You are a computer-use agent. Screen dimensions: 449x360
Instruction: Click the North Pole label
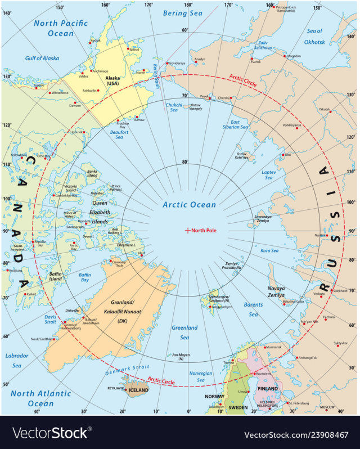click(204, 230)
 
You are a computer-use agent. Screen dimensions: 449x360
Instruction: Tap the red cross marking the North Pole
click(187, 230)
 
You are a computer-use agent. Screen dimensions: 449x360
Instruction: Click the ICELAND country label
click(139, 390)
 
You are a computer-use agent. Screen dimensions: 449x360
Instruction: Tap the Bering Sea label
click(182, 13)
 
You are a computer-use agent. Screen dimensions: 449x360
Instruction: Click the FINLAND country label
click(268, 388)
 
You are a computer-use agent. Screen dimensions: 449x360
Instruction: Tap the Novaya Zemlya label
click(276, 291)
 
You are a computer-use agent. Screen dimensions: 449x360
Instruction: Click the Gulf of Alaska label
click(42, 59)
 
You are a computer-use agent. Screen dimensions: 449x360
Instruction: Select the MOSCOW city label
click(327, 407)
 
